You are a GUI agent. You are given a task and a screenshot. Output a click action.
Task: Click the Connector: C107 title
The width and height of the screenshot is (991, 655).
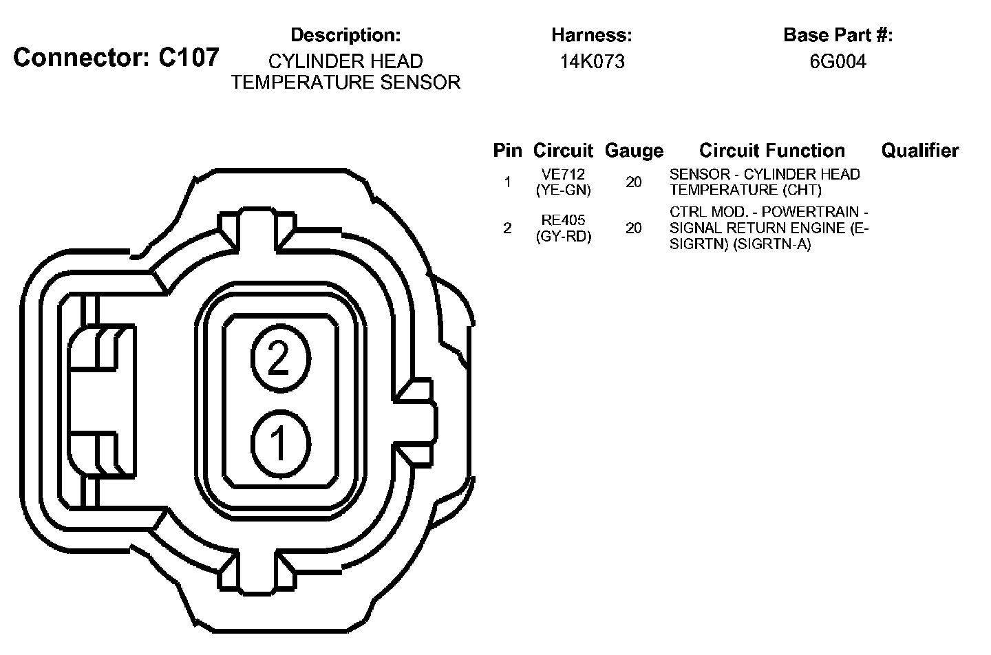116,58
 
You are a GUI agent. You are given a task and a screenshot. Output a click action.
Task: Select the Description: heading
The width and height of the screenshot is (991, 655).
345,35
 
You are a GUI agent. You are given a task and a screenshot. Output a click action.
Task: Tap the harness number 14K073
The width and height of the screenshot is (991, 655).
593,61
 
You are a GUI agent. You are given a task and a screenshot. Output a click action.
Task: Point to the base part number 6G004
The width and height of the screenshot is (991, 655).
838,61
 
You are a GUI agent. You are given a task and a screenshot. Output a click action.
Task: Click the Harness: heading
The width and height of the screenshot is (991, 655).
592,35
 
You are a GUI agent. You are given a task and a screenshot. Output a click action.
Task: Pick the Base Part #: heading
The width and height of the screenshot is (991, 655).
838,35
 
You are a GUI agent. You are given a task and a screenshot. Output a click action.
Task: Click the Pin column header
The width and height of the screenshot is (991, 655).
507,151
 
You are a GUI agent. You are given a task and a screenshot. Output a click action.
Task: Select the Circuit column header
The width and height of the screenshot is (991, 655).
563,151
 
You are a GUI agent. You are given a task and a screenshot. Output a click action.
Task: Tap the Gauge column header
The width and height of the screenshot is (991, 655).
634,151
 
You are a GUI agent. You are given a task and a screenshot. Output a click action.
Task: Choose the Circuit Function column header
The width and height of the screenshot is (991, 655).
772,151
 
